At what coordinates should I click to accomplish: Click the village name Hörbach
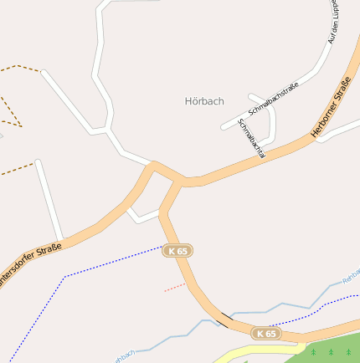(203, 101)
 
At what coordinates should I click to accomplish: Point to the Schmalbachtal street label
(251, 138)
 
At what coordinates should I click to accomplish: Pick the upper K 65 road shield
(177, 251)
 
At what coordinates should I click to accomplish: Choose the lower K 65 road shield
(266, 334)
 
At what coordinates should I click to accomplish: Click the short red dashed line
(175, 286)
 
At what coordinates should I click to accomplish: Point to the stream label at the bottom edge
(122, 357)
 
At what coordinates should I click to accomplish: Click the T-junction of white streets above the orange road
(108, 130)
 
